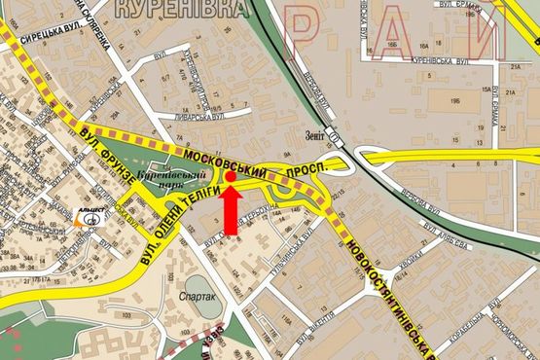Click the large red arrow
tap(231, 209)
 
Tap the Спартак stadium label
tap(198, 296)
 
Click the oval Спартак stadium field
tap(198, 288)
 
